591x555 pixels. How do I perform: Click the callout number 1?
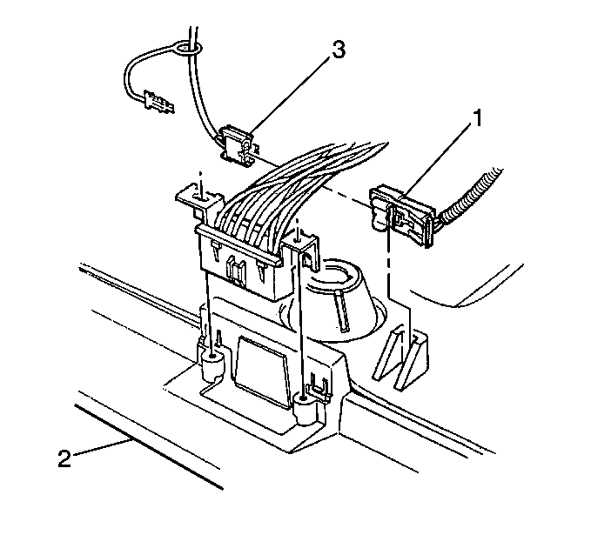tap(478, 118)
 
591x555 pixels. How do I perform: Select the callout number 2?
tap(64, 458)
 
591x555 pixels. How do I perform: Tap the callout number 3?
tap(339, 50)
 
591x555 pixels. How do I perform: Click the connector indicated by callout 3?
tap(238, 146)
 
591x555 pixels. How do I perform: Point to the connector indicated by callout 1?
tap(401, 215)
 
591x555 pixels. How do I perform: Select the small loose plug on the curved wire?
tap(158, 102)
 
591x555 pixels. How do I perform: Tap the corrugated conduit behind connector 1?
tap(470, 196)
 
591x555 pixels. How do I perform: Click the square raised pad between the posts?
tap(261, 372)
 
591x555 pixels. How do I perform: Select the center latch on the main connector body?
tap(235, 271)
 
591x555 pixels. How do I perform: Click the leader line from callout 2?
tap(102, 447)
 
